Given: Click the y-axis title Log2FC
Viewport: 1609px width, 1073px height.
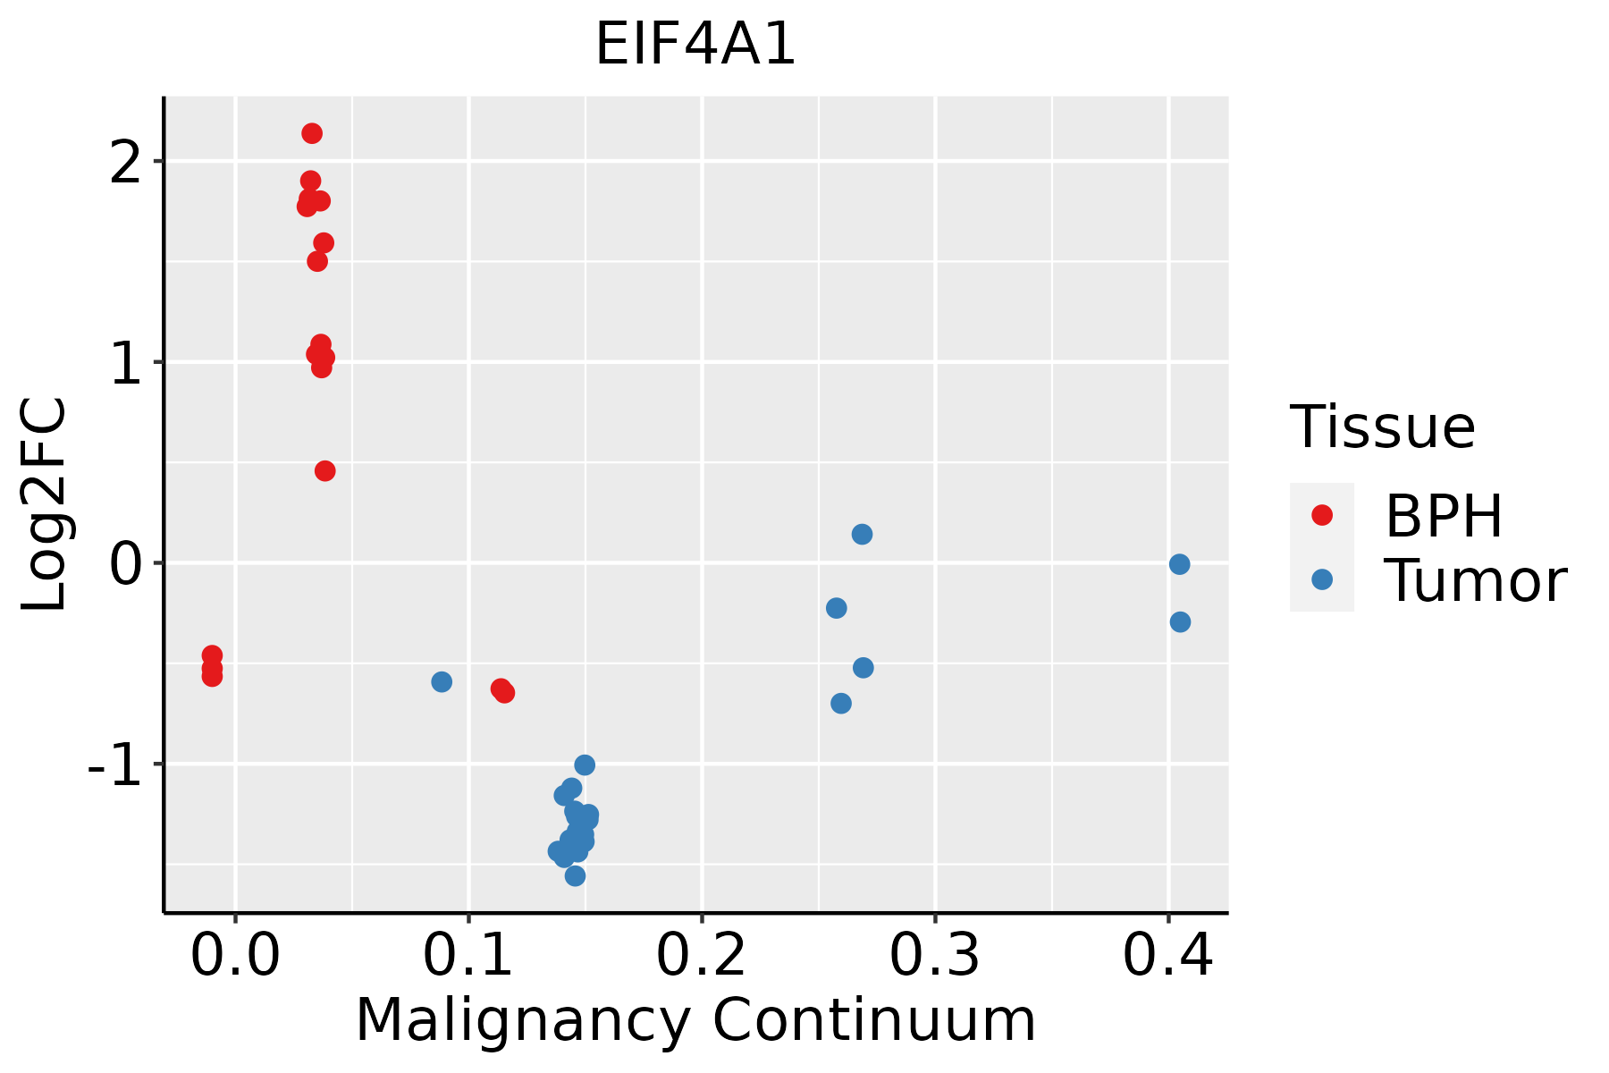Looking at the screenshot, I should pyautogui.click(x=45, y=505).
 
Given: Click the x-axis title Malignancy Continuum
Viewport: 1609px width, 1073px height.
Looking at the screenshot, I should pyautogui.click(x=695, y=1020).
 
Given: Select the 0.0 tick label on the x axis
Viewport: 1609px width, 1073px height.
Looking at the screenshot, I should pyautogui.click(x=235, y=956).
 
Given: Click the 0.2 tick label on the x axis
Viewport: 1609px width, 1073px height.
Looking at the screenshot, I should pyautogui.click(x=702, y=956).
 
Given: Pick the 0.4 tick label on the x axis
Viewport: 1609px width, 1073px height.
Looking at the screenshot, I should pyautogui.click(x=1167, y=956).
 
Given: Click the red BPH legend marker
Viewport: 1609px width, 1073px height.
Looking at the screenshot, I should pyautogui.click(x=1321, y=515).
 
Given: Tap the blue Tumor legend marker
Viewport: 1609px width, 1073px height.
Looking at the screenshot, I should pyautogui.click(x=1321, y=579).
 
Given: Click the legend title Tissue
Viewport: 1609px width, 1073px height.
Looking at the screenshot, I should pyautogui.click(x=1382, y=427).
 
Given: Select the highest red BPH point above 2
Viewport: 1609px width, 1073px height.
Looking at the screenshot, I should pyautogui.click(x=312, y=134).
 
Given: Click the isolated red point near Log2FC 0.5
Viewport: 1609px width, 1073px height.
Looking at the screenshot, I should pyautogui.click(x=325, y=471).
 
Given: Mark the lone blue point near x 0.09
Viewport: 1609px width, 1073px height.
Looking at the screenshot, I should pyautogui.click(x=442, y=682).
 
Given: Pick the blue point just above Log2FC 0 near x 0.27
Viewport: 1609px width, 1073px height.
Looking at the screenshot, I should pyautogui.click(x=862, y=535).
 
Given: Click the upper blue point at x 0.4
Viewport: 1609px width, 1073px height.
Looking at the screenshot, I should pyautogui.click(x=1179, y=564).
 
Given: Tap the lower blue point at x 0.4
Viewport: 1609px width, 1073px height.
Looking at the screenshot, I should pyautogui.click(x=1180, y=622).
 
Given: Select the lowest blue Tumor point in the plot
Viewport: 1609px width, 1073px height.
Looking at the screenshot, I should pyautogui.click(x=576, y=876).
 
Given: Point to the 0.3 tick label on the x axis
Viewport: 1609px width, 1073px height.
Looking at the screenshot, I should pyautogui.click(x=934, y=956).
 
